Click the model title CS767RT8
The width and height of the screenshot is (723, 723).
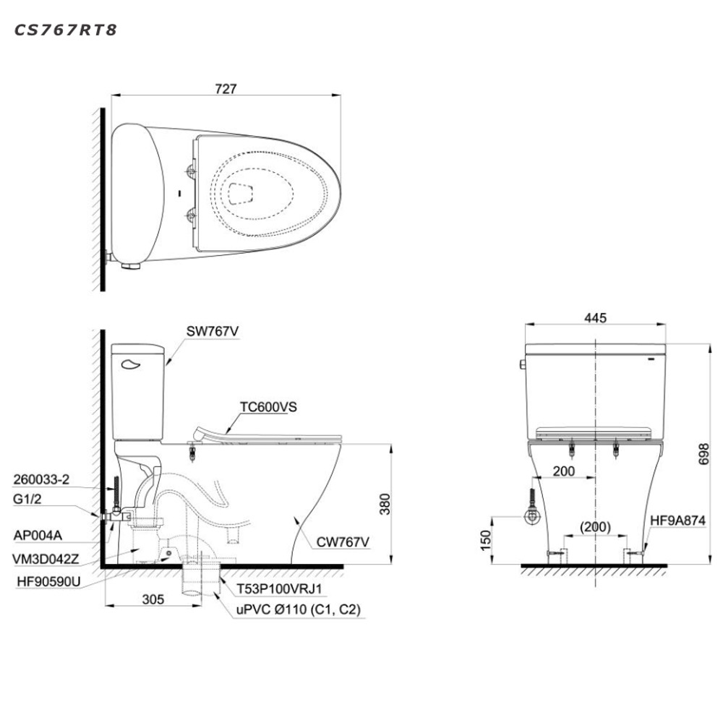coord(66,30)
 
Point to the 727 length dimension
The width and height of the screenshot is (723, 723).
coord(226,88)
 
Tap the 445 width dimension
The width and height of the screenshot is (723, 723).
coord(595,317)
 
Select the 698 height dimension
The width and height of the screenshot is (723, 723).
coord(703,454)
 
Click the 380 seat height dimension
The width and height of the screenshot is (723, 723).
coord(385,504)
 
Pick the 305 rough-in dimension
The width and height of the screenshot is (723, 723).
coord(153,599)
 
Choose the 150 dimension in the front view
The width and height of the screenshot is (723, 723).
coord(486,540)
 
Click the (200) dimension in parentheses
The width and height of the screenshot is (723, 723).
coord(596,526)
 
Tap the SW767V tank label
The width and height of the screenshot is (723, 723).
coord(213,331)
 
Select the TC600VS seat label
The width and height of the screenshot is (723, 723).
coord(268,406)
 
